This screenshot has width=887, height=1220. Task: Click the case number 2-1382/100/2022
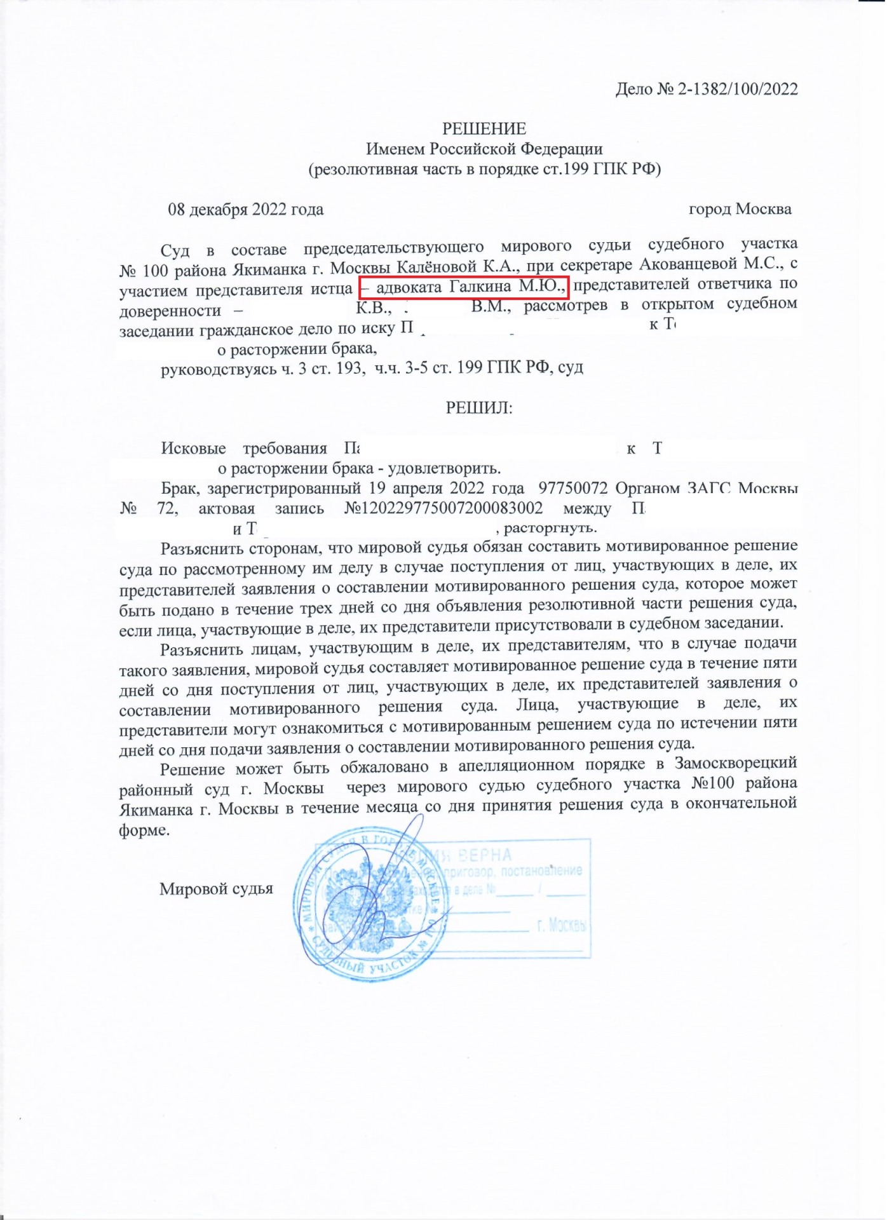click(x=738, y=89)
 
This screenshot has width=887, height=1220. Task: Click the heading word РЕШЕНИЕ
click(x=484, y=129)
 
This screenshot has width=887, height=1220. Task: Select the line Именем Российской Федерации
click(x=484, y=149)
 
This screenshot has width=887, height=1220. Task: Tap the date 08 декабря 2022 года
click(x=245, y=210)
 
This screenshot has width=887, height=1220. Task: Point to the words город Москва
click(x=740, y=209)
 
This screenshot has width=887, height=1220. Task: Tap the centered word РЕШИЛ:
click(x=479, y=407)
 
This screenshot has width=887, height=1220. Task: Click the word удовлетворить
click(x=444, y=469)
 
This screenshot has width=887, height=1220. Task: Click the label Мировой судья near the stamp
click(x=216, y=888)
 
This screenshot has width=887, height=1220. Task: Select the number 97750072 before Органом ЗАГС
click(x=573, y=489)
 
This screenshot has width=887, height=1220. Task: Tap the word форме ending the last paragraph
click(x=144, y=830)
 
